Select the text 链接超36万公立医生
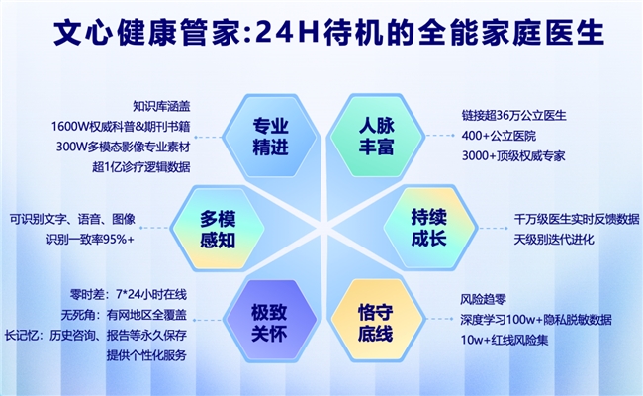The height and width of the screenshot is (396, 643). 513,116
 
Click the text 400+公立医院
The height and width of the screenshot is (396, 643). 497,136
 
